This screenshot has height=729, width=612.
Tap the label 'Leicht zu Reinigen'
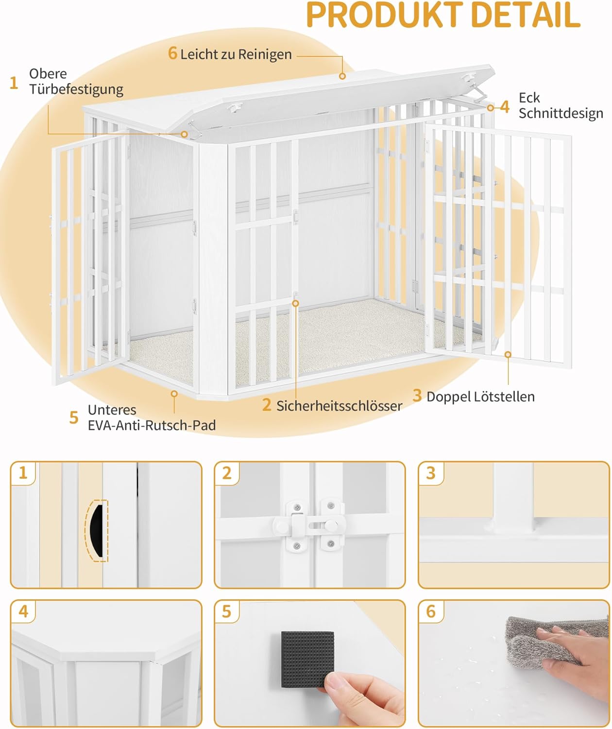coord(236,54)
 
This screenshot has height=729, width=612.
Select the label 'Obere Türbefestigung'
coord(76,81)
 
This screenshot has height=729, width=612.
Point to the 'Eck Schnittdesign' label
coord(561,105)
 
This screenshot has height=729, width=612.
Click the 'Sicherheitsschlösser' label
coord(339,406)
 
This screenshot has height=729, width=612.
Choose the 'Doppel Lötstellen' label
coord(480,397)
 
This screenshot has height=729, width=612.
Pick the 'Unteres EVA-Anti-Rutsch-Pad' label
coord(152,417)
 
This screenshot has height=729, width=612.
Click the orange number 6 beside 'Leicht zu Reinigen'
coord(172,53)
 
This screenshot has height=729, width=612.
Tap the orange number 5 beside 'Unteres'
coord(74,417)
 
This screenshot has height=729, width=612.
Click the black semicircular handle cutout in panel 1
coord(97,530)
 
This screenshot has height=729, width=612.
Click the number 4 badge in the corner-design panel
coord(23,611)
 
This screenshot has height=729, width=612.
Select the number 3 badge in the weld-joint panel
coord(431,473)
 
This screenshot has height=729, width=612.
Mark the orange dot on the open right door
coord(508,355)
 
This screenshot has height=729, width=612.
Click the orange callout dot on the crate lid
coord(342,76)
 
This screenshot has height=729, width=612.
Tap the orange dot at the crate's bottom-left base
coord(174,393)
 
